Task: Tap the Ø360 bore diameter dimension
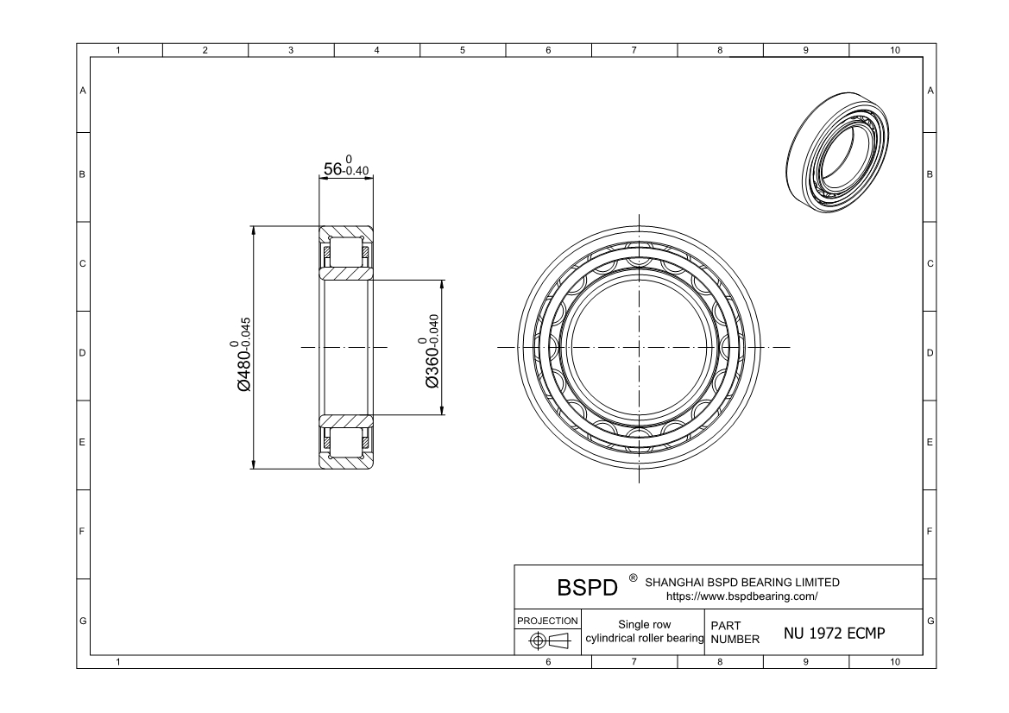pyautogui.click(x=432, y=355)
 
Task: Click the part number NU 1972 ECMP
pyautogui.click(x=834, y=633)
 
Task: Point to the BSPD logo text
pyautogui.click(x=588, y=588)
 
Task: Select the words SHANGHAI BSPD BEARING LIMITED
pyautogui.click(x=741, y=582)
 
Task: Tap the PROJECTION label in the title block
pyautogui.click(x=547, y=621)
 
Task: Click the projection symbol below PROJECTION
pyautogui.click(x=547, y=641)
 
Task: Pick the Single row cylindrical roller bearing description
pyautogui.click(x=645, y=632)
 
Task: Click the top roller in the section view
pyautogui.click(x=346, y=251)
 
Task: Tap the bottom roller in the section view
pyautogui.click(x=346, y=442)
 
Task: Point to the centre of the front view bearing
pyautogui.click(x=639, y=347)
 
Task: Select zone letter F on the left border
pyautogui.click(x=83, y=532)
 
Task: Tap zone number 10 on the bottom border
pyautogui.click(x=894, y=661)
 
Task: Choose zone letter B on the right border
pyautogui.click(x=930, y=175)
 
